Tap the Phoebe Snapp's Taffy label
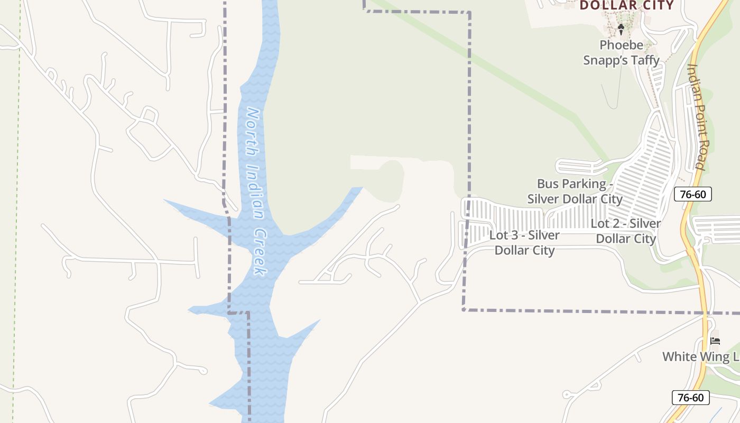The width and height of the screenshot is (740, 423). [621, 53]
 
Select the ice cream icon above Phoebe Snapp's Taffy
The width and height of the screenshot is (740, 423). [621, 29]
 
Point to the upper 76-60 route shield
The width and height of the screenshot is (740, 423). [693, 194]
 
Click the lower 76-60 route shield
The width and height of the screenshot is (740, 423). [690, 398]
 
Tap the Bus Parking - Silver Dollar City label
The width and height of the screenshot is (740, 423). [575, 191]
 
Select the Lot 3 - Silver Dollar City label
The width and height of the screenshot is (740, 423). [524, 242]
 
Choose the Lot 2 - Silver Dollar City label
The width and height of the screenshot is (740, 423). [625, 231]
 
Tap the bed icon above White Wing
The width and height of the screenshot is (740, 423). [715, 341]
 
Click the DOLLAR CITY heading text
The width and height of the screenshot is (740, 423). [627, 6]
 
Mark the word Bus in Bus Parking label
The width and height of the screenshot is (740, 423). [548, 184]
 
